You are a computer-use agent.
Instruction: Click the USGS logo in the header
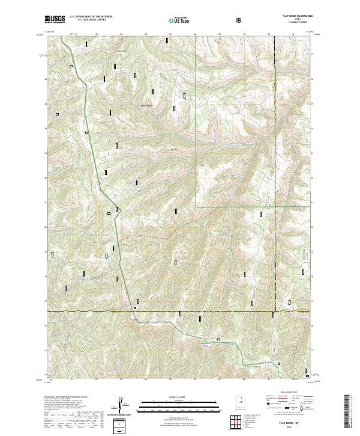click(x=55, y=20)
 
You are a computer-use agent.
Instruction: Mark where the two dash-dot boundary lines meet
click(x=274, y=312)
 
